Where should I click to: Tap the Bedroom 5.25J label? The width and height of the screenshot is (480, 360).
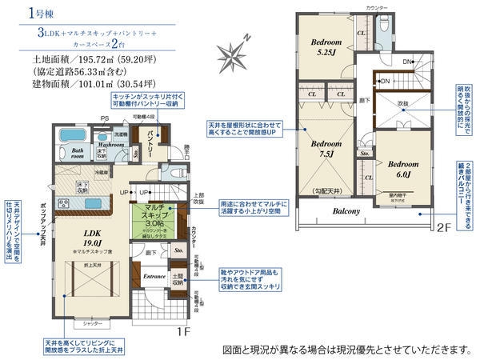326,47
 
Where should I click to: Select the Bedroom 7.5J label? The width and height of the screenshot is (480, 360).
326,149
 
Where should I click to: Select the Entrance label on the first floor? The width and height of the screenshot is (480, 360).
154,277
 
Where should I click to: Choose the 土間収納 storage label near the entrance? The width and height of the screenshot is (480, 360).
178,279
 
